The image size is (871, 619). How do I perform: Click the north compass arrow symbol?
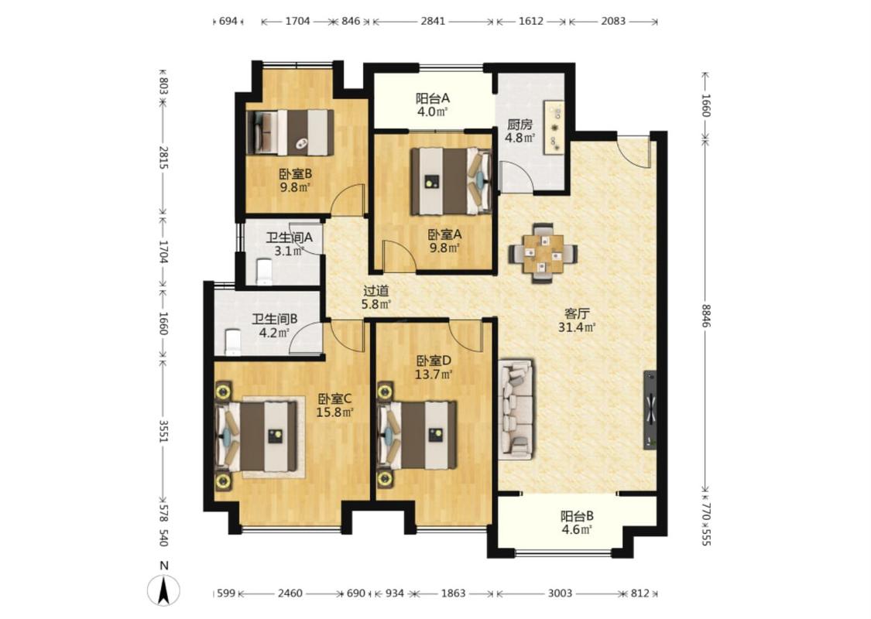(x=163, y=590)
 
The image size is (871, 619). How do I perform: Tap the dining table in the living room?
(x=544, y=253)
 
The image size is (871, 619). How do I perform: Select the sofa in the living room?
(x=516, y=409)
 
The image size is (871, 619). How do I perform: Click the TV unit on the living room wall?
(x=650, y=410)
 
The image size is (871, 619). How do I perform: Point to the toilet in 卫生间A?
(x=264, y=272)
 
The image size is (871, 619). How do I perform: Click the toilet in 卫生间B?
(x=232, y=342)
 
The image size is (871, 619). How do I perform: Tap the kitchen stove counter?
(x=554, y=127)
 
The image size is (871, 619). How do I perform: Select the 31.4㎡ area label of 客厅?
(x=577, y=328)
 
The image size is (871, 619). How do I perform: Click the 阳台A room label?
(x=432, y=98)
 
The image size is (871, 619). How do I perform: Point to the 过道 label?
(x=376, y=290)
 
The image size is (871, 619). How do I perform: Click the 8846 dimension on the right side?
(x=705, y=316)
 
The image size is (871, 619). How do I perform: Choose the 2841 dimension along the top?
(x=433, y=21)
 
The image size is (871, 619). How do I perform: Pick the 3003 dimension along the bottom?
(x=560, y=593)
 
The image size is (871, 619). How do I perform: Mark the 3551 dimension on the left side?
(x=163, y=431)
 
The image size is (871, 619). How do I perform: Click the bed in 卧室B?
(x=290, y=132)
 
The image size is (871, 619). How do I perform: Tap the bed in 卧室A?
(x=451, y=181)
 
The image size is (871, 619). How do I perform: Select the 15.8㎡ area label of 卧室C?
(x=335, y=412)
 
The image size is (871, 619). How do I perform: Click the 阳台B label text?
(x=577, y=516)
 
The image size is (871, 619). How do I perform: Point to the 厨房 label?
(x=520, y=125)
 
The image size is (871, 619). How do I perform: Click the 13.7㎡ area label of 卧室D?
(x=434, y=374)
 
